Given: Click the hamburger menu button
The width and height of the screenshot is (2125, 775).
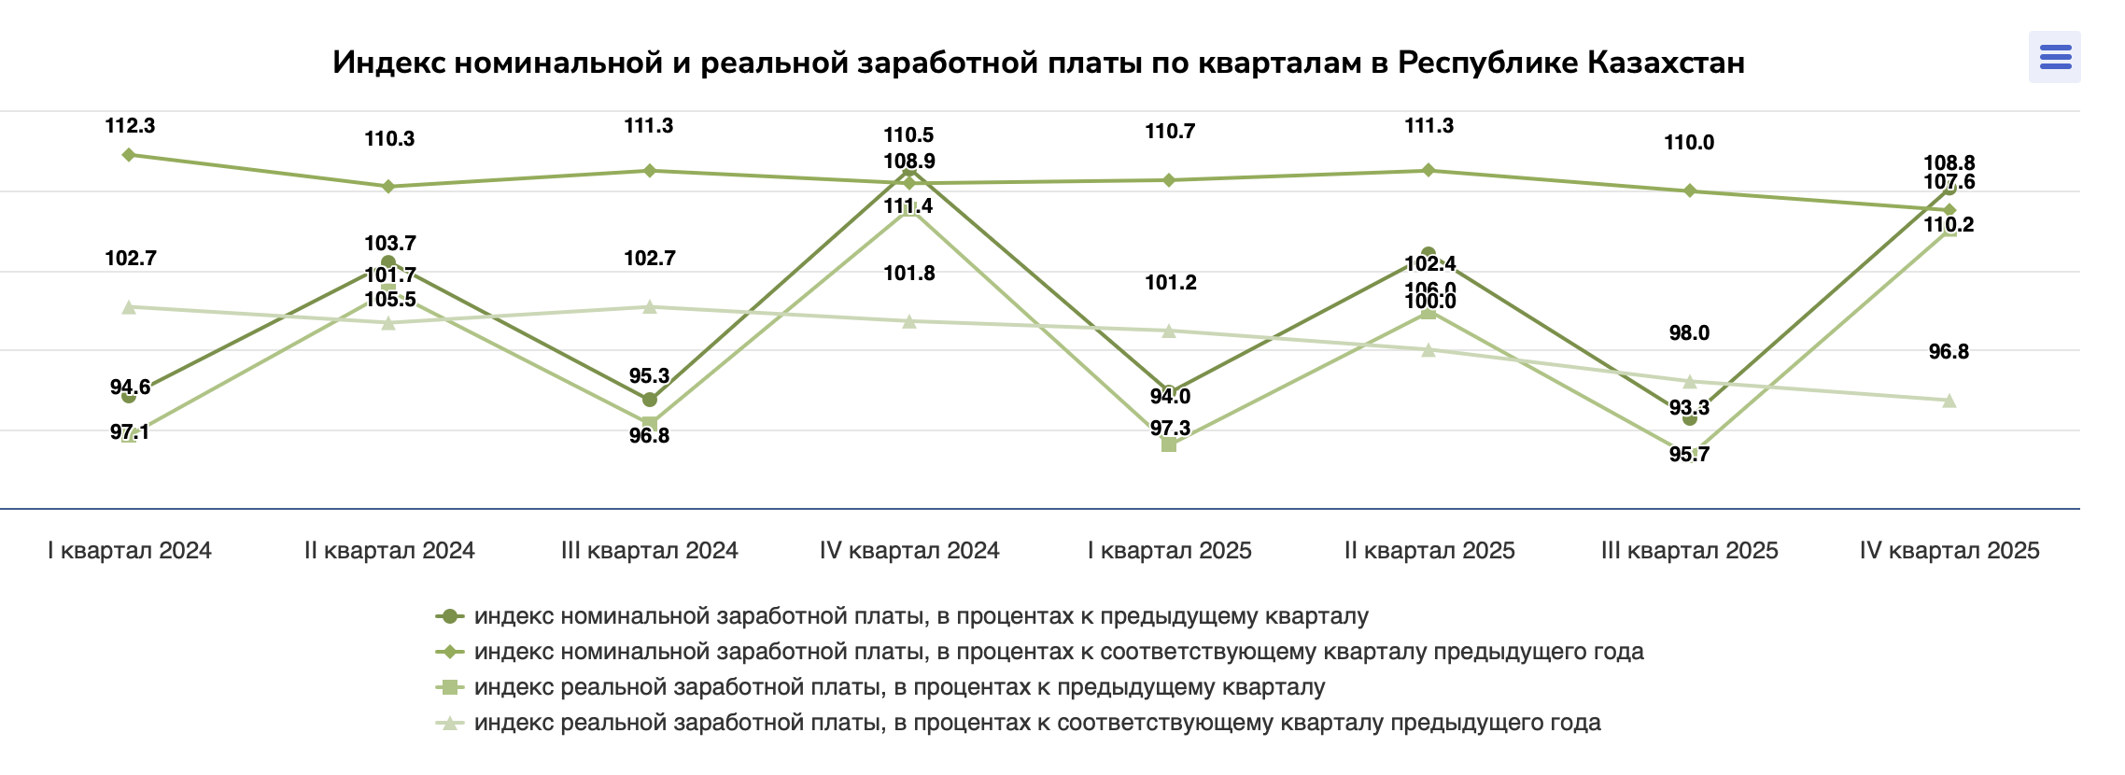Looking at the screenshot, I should pyautogui.click(x=2055, y=57).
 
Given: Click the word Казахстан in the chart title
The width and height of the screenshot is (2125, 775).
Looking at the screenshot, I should pyautogui.click(x=1665, y=63).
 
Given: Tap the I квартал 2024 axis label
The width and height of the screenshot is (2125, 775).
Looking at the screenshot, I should pyautogui.click(x=130, y=551).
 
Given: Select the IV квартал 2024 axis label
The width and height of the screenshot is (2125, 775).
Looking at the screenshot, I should pyautogui.click(x=909, y=551).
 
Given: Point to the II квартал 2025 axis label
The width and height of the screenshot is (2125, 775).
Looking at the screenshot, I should pyautogui.click(x=1429, y=551).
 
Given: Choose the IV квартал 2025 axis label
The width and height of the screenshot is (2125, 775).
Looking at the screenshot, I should pyautogui.click(x=1949, y=551).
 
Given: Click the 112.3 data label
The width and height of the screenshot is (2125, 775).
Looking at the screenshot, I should pyautogui.click(x=130, y=126).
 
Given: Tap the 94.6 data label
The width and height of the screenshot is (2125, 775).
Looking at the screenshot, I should pyautogui.click(x=130, y=387).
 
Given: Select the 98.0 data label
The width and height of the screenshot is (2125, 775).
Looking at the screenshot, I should pyautogui.click(x=1689, y=333).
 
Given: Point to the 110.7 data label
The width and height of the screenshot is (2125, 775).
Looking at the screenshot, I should pyautogui.click(x=1170, y=132).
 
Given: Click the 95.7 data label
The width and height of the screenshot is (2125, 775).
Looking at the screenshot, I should pyautogui.click(x=1689, y=455).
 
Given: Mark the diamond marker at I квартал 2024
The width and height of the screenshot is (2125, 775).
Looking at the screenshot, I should pyautogui.click(x=129, y=155).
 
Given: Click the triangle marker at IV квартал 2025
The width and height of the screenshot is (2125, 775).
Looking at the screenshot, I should pyautogui.click(x=1949, y=401).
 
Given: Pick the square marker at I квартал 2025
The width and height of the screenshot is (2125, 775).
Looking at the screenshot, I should pyautogui.click(x=1169, y=444).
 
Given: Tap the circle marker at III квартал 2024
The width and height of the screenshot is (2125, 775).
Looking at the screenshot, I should pyautogui.click(x=650, y=400).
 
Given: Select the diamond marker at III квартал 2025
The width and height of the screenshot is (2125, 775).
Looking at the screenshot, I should pyautogui.click(x=1689, y=191).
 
